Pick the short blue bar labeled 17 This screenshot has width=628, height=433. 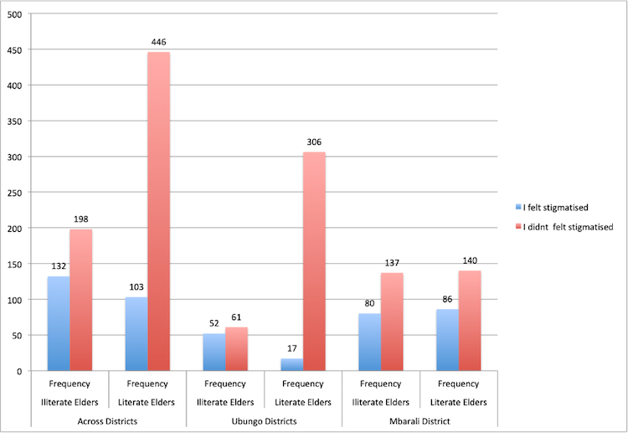[292, 364]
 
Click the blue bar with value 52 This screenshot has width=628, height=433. [214, 352]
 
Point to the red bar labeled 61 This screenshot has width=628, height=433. [237, 348]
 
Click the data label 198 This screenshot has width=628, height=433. [80, 219]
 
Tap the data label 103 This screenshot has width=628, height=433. [136, 287]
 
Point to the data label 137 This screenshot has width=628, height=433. [392, 263]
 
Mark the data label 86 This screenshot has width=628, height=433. [447, 300]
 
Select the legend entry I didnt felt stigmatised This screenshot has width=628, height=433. [569, 226]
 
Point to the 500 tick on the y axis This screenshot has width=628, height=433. [15, 14]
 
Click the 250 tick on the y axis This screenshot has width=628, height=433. [15, 193]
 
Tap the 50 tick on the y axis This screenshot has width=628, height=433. [18, 335]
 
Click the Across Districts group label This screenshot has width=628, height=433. [109, 420]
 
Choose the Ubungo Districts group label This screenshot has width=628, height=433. [264, 420]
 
